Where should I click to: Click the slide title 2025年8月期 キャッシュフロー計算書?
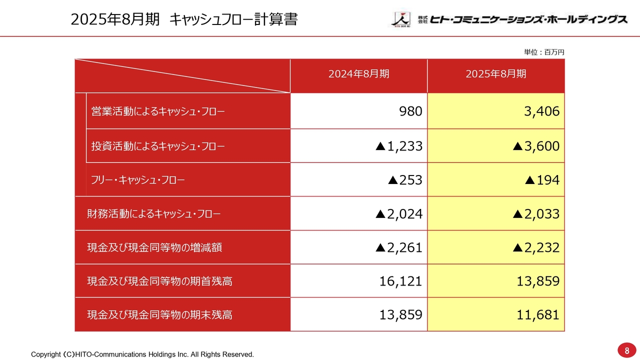[x=184, y=19]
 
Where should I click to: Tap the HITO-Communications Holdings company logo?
[x=509, y=19]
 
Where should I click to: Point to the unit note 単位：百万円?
[x=544, y=52]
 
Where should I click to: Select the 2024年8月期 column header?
[x=358, y=74]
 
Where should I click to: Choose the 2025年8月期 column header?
[x=495, y=74]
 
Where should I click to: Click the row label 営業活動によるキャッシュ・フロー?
[x=158, y=111]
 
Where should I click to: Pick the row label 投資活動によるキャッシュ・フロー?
[x=158, y=146]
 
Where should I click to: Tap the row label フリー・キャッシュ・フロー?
[x=138, y=180]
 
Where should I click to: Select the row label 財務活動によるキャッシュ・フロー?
[x=154, y=214]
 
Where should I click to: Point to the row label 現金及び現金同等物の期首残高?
[x=160, y=281]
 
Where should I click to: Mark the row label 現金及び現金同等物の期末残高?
[x=160, y=315]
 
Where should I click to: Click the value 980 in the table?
[x=410, y=111]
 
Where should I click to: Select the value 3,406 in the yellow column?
[x=541, y=111]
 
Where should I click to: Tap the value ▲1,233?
[x=399, y=146]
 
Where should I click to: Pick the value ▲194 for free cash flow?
[x=542, y=180]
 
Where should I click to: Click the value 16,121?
[x=400, y=281]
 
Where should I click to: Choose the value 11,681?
[x=538, y=315]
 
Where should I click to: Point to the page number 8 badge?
[x=626, y=350]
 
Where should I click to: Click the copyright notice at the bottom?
[x=142, y=354]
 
